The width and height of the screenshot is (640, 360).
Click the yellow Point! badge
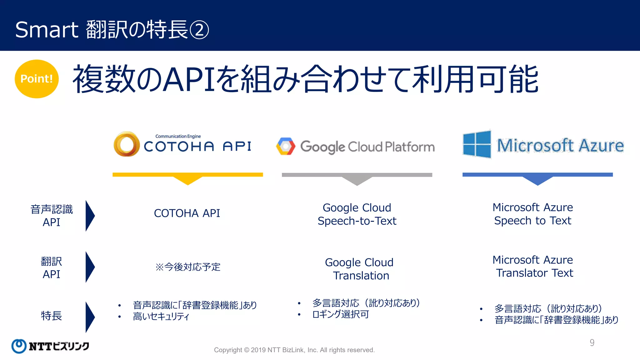(x=37, y=79)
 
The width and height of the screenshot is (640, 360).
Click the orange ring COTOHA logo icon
(x=127, y=144)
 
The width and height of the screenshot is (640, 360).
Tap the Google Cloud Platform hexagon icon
(x=286, y=146)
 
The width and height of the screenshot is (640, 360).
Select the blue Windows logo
(x=477, y=144)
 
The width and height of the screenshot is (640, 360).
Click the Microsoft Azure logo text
(x=560, y=146)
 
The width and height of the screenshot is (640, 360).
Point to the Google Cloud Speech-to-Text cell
(x=357, y=214)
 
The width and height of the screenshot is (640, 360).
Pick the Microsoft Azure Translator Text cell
(x=533, y=266)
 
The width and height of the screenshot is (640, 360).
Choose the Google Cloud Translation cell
(x=359, y=269)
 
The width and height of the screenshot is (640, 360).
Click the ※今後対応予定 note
(x=188, y=267)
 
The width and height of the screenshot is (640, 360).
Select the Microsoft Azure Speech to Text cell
(x=533, y=214)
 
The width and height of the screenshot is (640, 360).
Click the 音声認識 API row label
(x=52, y=216)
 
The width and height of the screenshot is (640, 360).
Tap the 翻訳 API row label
(x=52, y=267)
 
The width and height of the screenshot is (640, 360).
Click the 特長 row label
(x=52, y=316)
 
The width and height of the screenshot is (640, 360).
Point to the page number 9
(x=592, y=343)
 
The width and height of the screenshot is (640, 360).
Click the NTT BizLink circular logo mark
(x=19, y=346)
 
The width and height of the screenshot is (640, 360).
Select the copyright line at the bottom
(x=294, y=350)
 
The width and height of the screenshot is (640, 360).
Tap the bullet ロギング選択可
(x=341, y=314)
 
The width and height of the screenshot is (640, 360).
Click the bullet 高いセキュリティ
(x=161, y=317)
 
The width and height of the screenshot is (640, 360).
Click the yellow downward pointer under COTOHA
(x=188, y=180)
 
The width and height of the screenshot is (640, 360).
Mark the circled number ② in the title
(x=199, y=30)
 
